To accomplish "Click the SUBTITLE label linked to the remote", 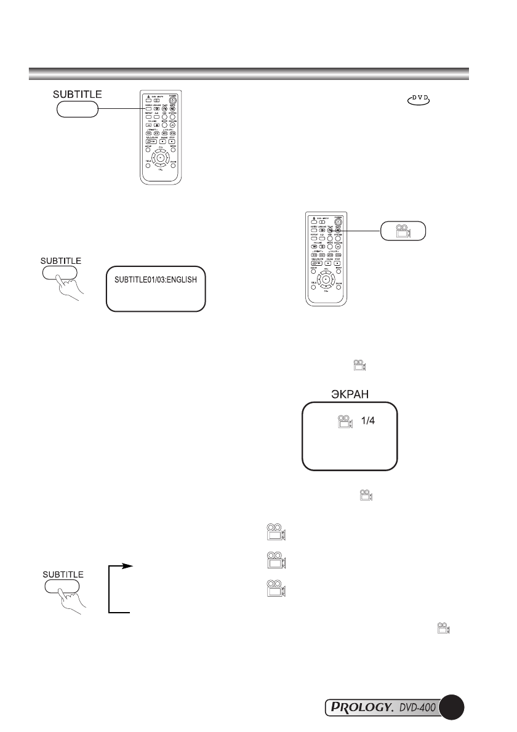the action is coord(76,95).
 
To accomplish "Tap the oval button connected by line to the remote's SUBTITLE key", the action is coord(77,109).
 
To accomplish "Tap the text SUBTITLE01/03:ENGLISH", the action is coord(155,280).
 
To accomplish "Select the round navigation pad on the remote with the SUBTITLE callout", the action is coord(160,158).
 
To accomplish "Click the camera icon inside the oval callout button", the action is coord(402,229).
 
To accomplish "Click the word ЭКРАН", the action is coord(348,395).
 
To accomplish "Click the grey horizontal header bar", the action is coord(249,74).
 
